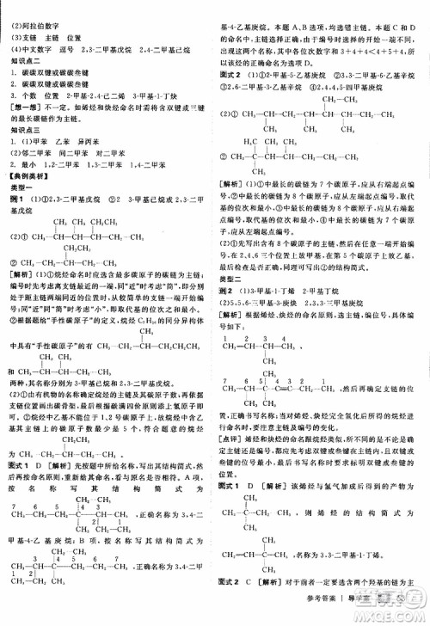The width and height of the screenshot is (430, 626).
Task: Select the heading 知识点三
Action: pos(25,128)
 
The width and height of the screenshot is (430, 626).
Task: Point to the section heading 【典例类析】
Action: pos(32,175)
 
